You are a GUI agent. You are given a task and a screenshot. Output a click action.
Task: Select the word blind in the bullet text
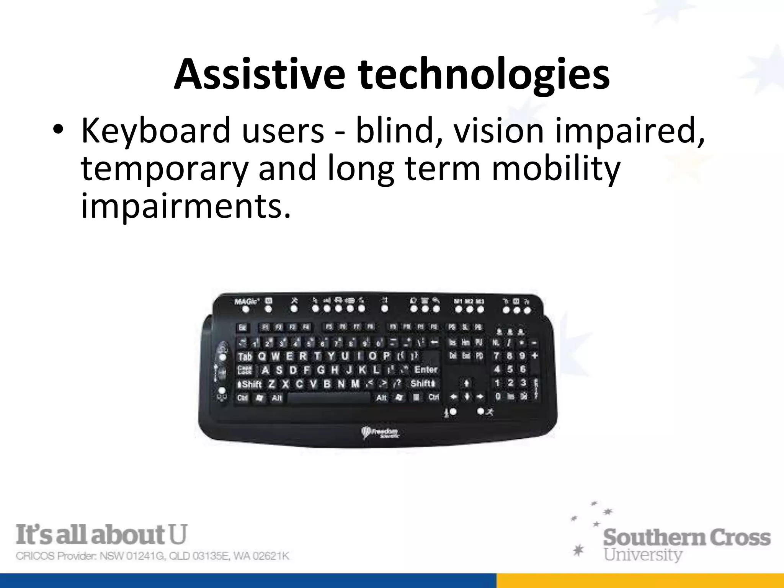tap(399, 131)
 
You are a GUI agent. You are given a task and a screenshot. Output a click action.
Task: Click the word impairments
tap(186, 207)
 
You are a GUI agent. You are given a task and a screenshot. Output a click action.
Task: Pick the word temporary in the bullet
tap(165, 170)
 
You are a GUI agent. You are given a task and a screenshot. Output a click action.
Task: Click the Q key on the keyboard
tap(262, 356)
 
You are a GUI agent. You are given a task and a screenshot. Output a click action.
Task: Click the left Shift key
tap(250, 384)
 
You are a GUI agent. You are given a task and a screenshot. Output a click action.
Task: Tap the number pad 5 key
tap(510, 369)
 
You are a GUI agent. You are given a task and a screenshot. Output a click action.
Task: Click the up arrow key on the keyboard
tap(467, 383)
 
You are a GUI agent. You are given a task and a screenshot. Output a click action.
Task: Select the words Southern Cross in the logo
tap(687, 537)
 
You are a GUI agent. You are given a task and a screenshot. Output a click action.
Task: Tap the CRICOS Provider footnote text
tap(152, 556)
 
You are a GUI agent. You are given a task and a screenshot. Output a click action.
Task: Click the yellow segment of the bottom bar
tap(640, 581)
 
